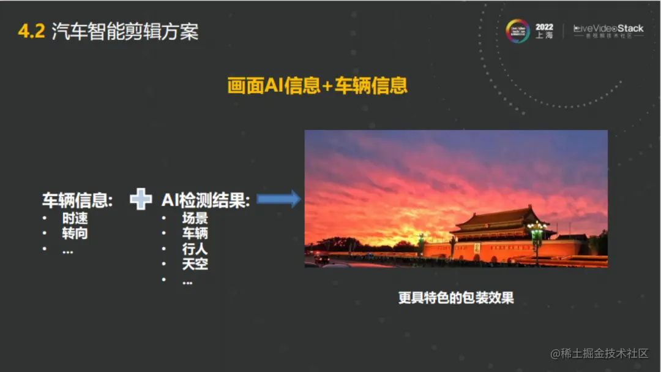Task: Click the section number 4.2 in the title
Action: coord(31,32)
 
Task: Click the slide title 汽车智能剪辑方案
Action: coord(125,32)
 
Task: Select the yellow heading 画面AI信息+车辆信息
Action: coord(317,86)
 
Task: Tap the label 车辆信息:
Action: coord(77,200)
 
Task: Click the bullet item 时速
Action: coord(75,218)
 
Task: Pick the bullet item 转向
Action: coord(75,233)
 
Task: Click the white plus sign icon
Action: coord(141,199)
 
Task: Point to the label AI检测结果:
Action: coord(206,200)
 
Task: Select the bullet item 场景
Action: coord(195,218)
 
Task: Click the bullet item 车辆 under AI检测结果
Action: coord(195,233)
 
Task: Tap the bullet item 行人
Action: coord(195,249)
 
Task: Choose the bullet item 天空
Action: coord(195,264)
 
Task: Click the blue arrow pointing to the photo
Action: coord(278,199)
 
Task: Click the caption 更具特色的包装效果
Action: coord(456,298)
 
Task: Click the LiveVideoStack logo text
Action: coord(608,29)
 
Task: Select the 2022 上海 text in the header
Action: coord(544,31)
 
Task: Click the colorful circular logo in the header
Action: coord(518,31)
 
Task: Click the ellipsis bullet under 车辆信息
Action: coord(67,250)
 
